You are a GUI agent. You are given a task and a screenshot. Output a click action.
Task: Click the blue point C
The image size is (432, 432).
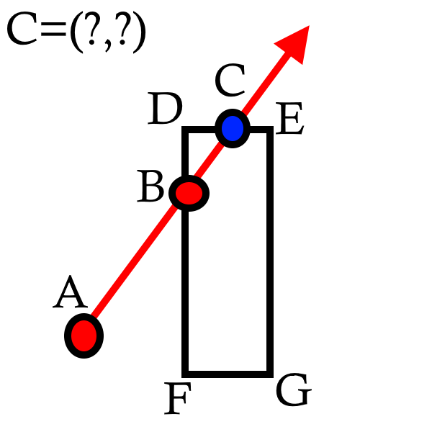coord(232,129)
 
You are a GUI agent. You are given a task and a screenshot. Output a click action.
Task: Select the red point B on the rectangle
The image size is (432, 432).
coord(189,193)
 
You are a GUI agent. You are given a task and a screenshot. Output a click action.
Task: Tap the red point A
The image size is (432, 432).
coord(84,336)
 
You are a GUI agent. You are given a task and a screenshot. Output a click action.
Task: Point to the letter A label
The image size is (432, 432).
coord(70,294)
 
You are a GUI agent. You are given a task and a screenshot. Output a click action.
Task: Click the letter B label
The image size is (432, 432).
coord(151,189)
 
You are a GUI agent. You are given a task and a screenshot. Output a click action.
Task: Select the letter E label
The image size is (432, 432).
coord(290,121)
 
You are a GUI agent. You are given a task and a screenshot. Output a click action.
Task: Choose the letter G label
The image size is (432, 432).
coord(294,392)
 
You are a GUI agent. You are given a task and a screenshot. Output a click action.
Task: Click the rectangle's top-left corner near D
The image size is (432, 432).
coord(186,130)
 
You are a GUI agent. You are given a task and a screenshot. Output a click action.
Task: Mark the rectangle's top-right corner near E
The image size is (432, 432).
coord(270,130)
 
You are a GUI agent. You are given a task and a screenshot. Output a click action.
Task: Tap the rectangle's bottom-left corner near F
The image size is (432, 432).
coord(186,372)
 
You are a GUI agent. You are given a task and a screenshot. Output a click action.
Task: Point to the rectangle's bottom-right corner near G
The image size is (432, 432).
coord(270,372)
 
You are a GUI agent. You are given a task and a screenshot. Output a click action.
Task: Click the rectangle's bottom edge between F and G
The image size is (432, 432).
coord(228,372)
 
